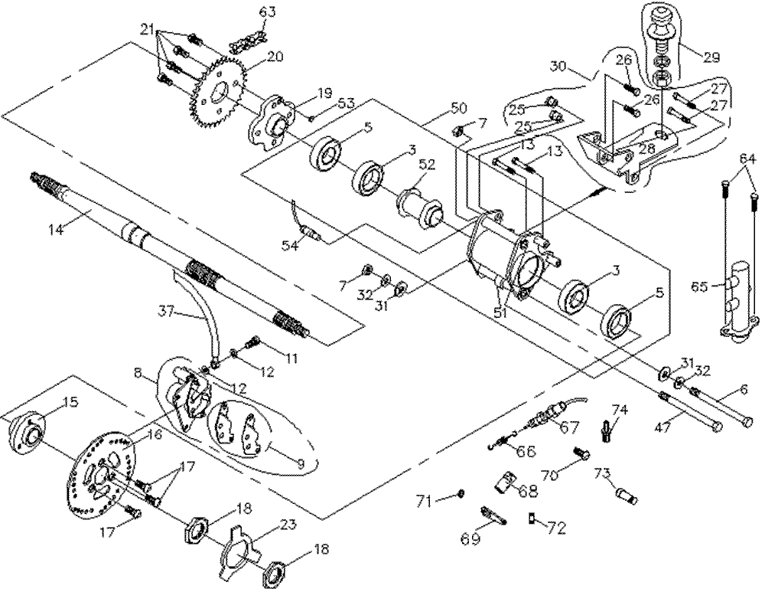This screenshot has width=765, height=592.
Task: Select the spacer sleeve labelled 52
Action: pos(421,204)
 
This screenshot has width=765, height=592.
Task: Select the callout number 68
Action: pos(527,491)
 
